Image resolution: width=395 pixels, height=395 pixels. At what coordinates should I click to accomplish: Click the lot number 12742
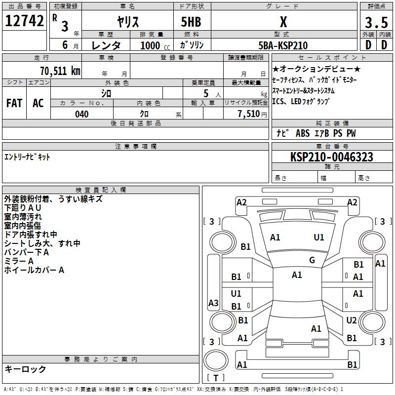click(x=24, y=21)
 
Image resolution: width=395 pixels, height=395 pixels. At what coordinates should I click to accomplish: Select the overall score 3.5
click(x=376, y=22)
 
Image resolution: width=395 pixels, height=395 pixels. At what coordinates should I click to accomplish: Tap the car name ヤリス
click(x=128, y=22)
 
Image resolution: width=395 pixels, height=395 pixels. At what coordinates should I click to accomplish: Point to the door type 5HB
click(x=191, y=22)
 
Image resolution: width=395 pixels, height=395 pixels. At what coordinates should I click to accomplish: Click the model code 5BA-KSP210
click(x=283, y=45)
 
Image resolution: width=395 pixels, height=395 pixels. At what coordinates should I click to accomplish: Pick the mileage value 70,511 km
click(x=60, y=71)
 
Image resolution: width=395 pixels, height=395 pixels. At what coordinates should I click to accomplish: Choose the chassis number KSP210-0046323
click(x=332, y=157)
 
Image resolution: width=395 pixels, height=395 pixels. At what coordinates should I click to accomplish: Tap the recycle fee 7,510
click(x=249, y=114)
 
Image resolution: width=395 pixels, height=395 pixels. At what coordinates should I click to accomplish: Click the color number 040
click(x=82, y=114)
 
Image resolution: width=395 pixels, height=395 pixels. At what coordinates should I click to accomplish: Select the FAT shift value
click(x=14, y=103)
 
